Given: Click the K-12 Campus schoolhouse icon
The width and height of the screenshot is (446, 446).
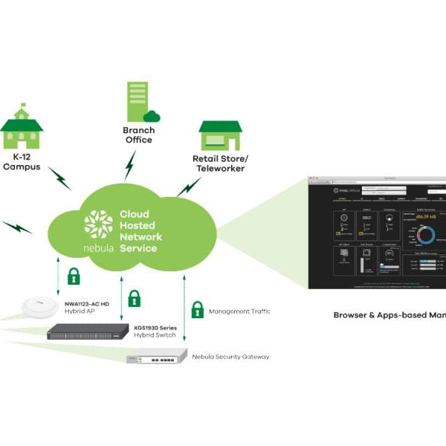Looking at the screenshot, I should point(22,130).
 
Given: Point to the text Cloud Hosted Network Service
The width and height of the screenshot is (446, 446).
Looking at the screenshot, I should point(140,231).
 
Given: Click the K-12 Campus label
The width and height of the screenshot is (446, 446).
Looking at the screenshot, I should point(22,162).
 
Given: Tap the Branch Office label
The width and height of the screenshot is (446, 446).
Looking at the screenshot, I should point(138,135).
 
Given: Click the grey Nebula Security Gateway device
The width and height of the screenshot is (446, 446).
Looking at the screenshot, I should point(155,358).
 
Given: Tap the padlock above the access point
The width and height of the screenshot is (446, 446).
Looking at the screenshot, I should point(74,277).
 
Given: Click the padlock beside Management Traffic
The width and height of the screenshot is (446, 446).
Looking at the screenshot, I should point(197,309).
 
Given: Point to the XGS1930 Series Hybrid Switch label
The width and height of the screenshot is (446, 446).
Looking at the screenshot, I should point(158,332).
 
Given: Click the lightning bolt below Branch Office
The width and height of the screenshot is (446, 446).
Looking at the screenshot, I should point(131,166).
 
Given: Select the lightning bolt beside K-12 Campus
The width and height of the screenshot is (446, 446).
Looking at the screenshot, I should point(59,178).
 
